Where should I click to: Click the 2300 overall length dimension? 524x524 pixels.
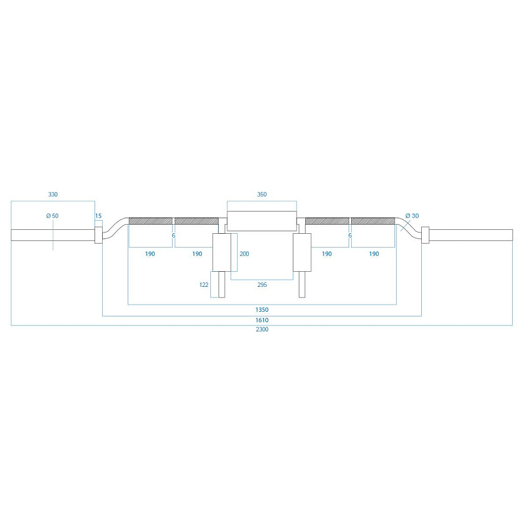pos(262,329)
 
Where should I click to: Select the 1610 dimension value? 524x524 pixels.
pos(262,320)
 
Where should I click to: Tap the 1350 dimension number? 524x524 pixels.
pos(262,310)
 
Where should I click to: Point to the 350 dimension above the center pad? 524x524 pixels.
pos(262,195)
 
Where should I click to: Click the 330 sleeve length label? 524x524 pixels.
pos(53,195)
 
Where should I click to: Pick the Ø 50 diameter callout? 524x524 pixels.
pos(52,216)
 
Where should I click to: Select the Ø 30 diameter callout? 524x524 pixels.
pos(412,216)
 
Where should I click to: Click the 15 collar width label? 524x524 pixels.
pos(98,216)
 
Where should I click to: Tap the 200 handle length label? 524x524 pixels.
pos(244,254)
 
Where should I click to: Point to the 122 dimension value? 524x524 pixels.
pos(204,285)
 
